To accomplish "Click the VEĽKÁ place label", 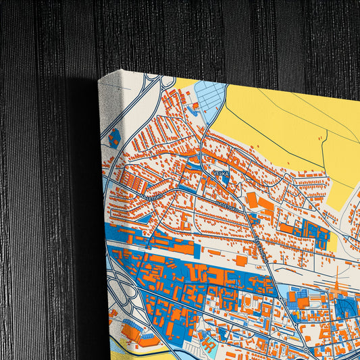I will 220,174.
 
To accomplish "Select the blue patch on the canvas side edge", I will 114,138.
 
